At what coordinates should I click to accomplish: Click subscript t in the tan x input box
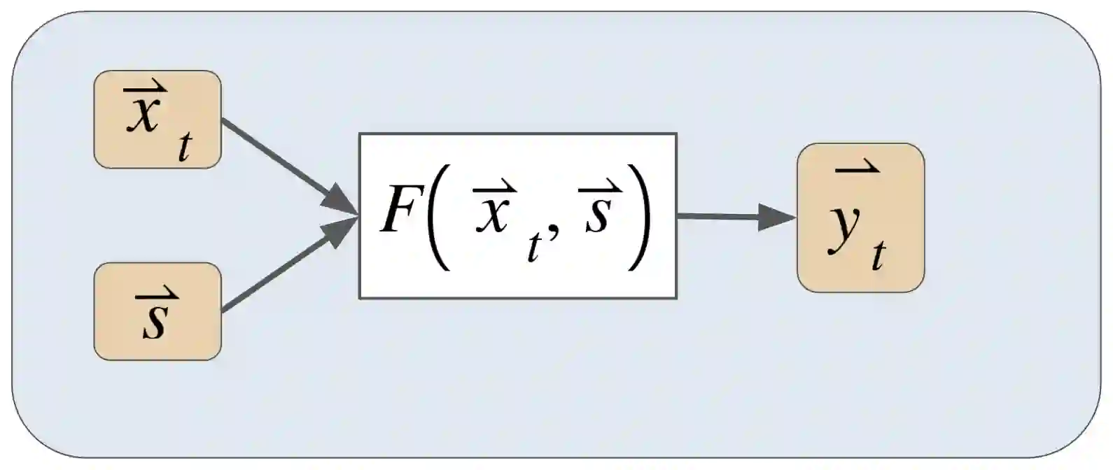184,148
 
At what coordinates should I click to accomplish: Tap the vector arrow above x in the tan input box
146,89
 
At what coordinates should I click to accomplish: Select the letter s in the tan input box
155,321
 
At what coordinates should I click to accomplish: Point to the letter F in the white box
398,212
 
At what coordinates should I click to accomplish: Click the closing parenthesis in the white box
638,217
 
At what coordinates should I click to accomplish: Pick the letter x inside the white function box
494,214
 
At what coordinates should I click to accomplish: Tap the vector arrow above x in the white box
495,189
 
